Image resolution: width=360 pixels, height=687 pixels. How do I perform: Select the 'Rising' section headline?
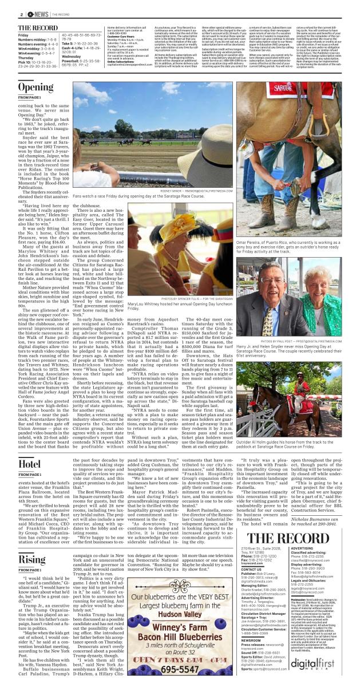(31, 559)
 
